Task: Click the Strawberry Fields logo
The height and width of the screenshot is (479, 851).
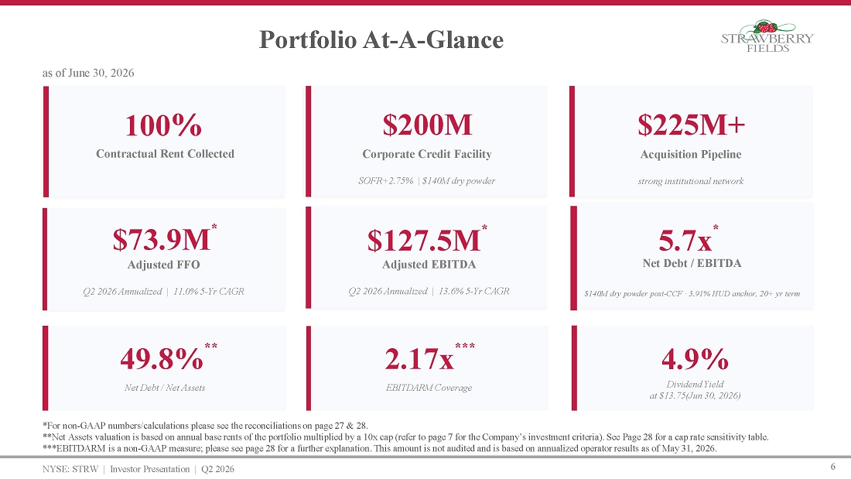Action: tap(767, 36)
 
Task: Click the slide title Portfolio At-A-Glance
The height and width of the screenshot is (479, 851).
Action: tap(381, 39)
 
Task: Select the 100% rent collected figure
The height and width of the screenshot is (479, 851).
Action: tap(163, 125)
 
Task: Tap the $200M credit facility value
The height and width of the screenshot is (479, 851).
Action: tap(427, 125)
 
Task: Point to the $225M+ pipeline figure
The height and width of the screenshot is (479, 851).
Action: tap(691, 125)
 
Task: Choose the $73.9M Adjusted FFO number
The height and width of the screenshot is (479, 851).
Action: tap(161, 240)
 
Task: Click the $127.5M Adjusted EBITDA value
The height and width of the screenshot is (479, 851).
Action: tap(424, 240)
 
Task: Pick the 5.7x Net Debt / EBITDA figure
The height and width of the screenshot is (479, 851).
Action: tap(685, 240)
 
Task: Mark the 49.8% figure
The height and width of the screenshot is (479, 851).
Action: tap(162, 358)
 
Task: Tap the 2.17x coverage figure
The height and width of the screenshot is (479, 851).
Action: tap(419, 359)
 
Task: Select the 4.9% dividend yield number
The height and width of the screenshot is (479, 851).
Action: tap(695, 359)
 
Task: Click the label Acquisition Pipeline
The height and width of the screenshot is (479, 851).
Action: tap(691, 154)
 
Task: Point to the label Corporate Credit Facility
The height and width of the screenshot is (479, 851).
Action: tap(427, 154)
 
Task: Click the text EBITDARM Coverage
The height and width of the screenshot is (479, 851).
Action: tap(429, 388)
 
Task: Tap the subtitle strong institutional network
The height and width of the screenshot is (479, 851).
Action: tap(691, 181)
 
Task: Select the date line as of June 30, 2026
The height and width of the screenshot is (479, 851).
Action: tap(88, 73)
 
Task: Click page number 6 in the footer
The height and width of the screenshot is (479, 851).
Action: tap(833, 467)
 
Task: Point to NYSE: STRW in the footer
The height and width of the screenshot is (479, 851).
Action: tap(70, 469)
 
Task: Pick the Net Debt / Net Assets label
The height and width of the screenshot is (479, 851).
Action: tap(165, 388)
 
